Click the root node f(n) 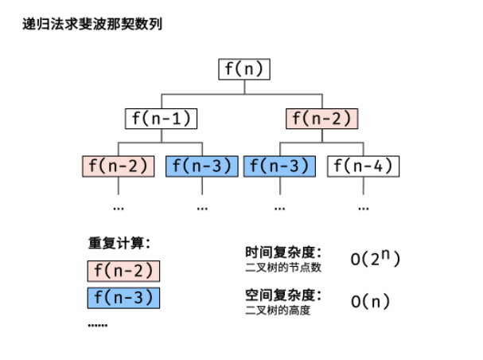(243, 69)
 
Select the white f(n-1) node (161, 119)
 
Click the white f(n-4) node (364, 166)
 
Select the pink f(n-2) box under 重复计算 (123, 271)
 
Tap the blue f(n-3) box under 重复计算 (123, 299)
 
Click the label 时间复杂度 (283, 251)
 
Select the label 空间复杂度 (283, 295)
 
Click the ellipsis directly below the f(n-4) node (364, 206)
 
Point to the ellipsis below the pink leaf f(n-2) (119, 206)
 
